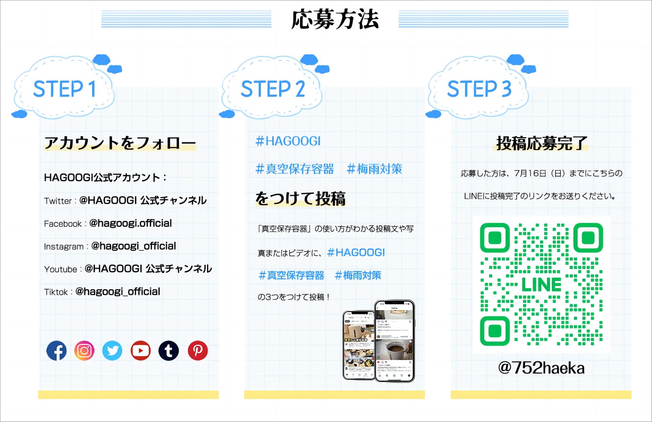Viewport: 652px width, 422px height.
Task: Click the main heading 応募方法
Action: [335, 20]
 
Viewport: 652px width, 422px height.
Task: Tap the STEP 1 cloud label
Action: [64, 89]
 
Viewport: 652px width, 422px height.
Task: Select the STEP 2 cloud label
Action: [272, 89]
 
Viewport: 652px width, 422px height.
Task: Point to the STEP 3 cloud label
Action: [479, 89]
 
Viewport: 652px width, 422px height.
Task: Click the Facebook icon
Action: [56, 351]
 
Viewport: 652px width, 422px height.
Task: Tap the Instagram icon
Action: [84, 351]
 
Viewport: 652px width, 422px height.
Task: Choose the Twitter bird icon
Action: [113, 351]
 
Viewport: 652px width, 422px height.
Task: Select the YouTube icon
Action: [141, 351]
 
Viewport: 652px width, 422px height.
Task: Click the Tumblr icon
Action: [169, 351]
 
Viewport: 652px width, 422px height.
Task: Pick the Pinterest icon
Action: [197, 351]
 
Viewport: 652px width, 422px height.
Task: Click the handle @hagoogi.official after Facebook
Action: [130, 223]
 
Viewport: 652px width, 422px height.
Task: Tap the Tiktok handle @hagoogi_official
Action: [117, 291]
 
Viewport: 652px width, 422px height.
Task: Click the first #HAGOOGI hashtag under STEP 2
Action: [288, 141]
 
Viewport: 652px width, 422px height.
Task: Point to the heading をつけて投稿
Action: [300, 199]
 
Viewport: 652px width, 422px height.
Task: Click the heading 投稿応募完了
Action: [541, 143]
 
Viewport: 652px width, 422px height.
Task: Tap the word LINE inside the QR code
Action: [541, 285]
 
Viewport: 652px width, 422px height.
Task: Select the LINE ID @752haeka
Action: [541, 368]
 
